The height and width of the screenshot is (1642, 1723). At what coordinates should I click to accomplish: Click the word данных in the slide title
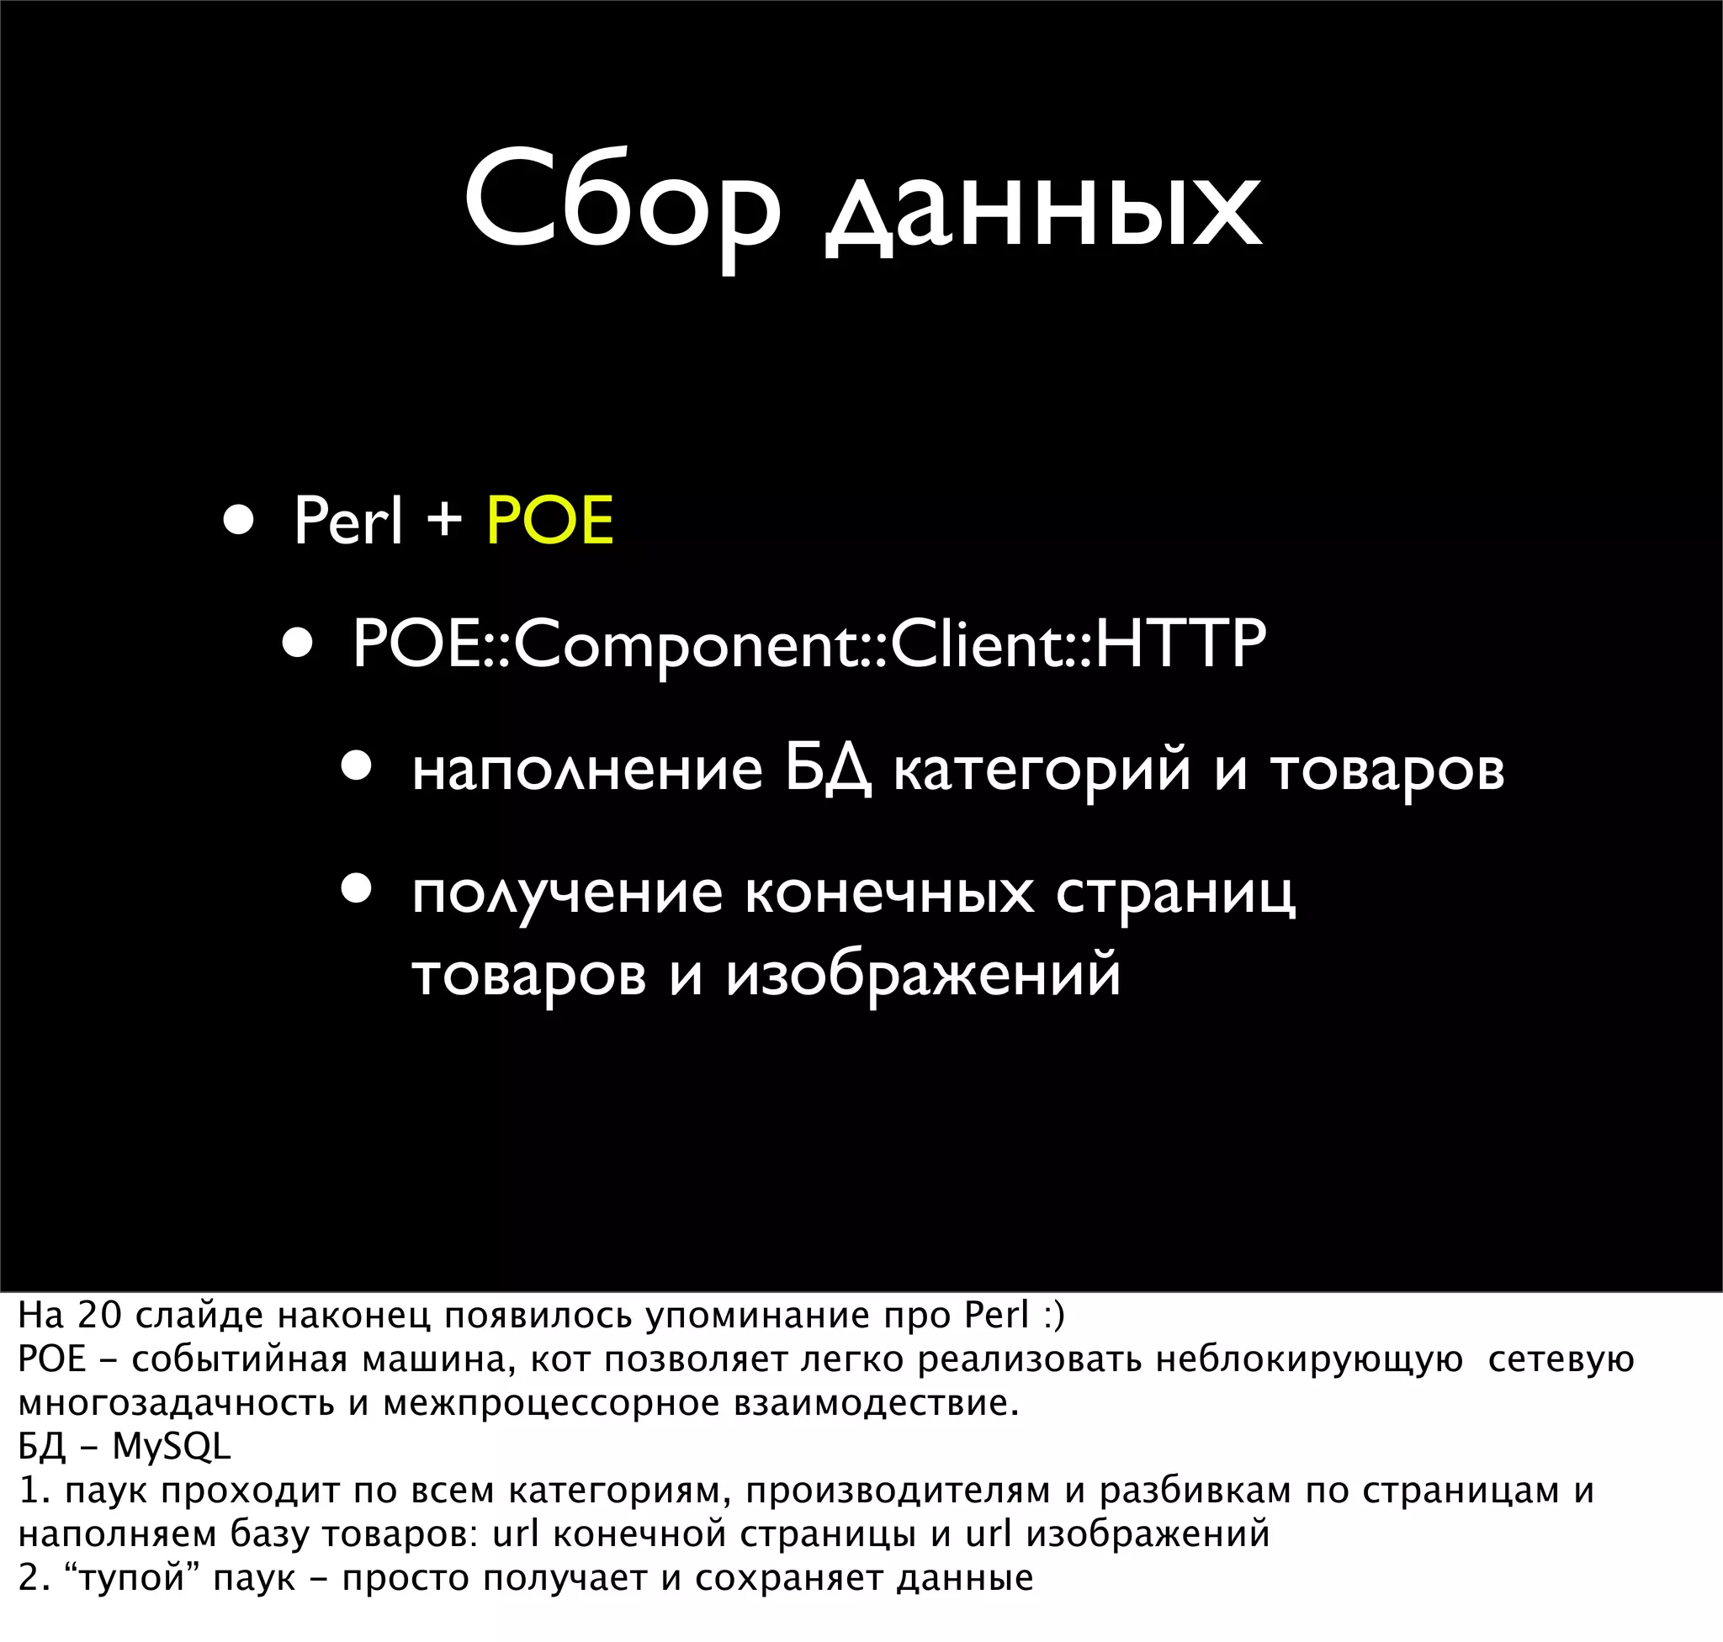pos(1042,210)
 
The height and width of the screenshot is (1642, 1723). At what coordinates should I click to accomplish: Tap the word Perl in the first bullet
pos(347,522)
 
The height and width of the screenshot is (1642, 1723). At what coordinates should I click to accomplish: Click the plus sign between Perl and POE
pos(444,518)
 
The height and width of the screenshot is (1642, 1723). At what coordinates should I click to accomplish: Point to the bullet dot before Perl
pos(238,521)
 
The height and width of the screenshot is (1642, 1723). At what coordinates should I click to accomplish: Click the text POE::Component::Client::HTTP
pos(809,645)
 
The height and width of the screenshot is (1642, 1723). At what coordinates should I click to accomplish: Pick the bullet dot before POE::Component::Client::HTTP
pos(298,644)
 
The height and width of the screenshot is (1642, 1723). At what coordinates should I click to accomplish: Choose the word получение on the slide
pos(567,894)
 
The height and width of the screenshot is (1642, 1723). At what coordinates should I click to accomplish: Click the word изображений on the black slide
pos(923,975)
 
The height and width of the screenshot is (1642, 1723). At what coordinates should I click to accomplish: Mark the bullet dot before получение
pos(358,891)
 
